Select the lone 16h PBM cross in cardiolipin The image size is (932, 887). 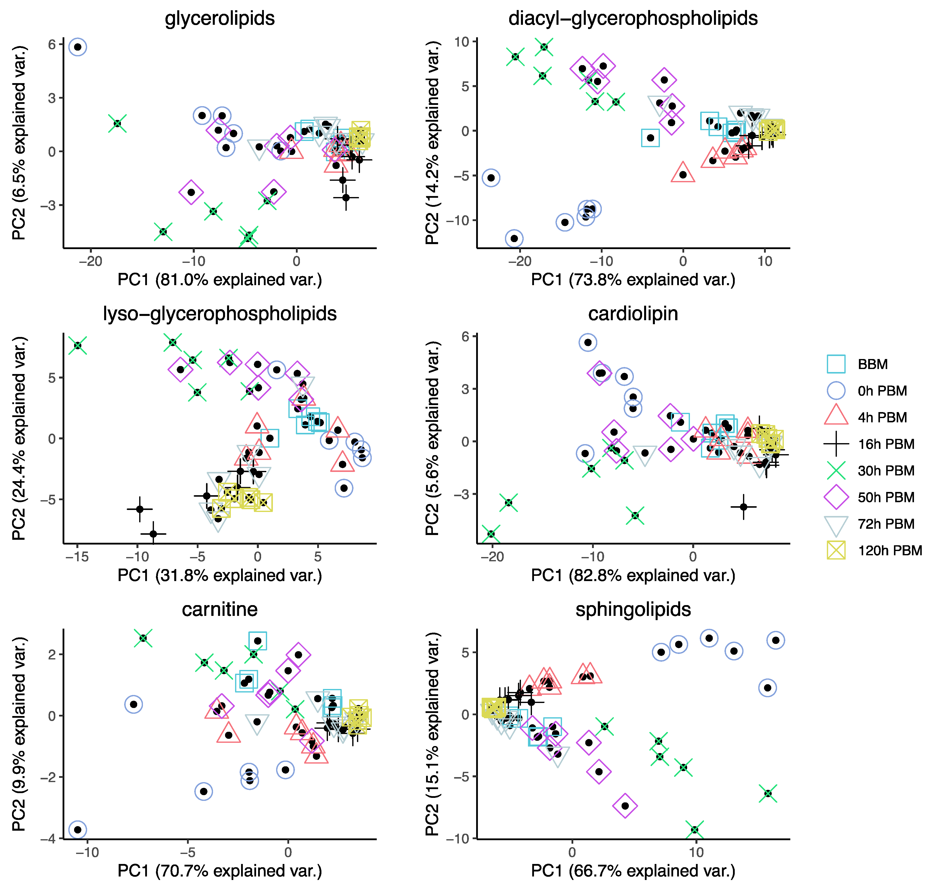(743, 507)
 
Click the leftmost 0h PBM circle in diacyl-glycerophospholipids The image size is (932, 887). (491, 178)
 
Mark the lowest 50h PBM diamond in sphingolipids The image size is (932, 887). (625, 806)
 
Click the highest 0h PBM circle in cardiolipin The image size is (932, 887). (588, 342)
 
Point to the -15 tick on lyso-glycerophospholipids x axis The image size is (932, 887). (77, 557)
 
